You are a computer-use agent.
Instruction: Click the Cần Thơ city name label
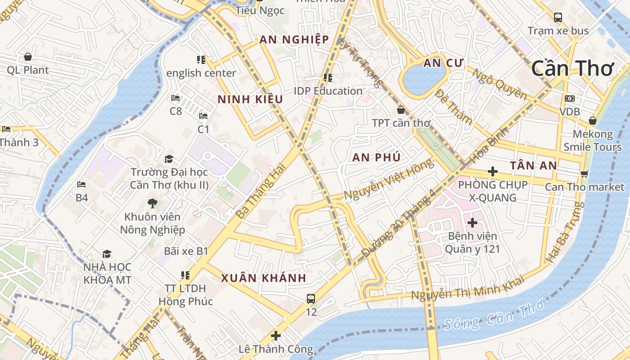[x=572, y=68]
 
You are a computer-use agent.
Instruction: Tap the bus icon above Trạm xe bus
[x=558, y=18]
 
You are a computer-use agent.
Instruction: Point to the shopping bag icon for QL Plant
[x=28, y=57]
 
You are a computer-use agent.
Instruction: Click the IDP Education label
[x=328, y=91]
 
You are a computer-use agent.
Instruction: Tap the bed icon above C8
[x=175, y=98]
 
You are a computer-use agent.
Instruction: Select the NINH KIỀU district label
[x=250, y=99]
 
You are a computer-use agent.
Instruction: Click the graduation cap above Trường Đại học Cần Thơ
[x=169, y=159]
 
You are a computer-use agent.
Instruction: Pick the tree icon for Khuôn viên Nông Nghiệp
[x=153, y=203]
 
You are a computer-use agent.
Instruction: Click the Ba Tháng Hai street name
[x=261, y=191]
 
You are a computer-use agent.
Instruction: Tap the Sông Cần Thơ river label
[x=493, y=316]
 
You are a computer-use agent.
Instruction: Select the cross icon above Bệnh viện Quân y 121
[x=472, y=222]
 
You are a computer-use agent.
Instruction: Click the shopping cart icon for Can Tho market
[x=584, y=174]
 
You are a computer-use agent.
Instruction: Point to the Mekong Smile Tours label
[x=592, y=140]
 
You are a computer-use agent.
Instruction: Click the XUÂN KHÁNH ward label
[x=263, y=278]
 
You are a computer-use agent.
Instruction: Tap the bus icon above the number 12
[x=311, y=298]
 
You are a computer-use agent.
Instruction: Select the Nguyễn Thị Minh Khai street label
[x=468, y=288]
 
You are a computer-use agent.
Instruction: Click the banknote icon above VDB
[x=570, y=99]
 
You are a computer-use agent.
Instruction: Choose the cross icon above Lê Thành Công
[x=275, y=336]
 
